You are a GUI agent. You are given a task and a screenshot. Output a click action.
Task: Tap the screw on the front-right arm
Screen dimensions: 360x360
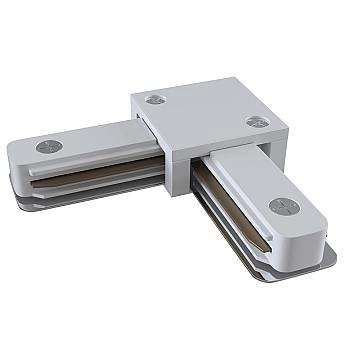pos(282,207)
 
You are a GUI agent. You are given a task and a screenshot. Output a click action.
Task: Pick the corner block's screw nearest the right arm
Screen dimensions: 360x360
pos(253,121)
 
